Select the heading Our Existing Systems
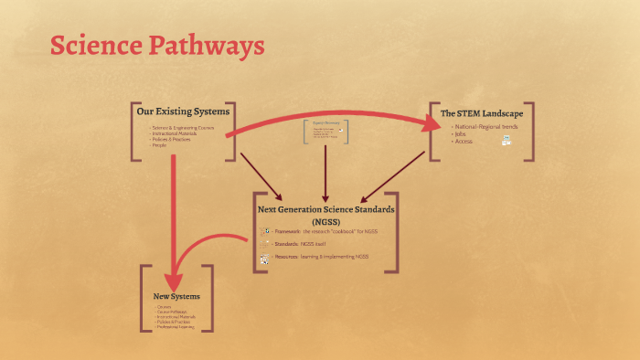coord(183,111)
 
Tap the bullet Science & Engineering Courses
coord(184,128)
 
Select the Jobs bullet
coord(459,134)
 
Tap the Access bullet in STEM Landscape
coord(463,142)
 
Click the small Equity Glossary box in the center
coord(325,132)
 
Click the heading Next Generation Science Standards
coord(325,208)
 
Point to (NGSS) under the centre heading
coord(325,221)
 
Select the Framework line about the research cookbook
coord(325,232)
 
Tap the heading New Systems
coord(176,297)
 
